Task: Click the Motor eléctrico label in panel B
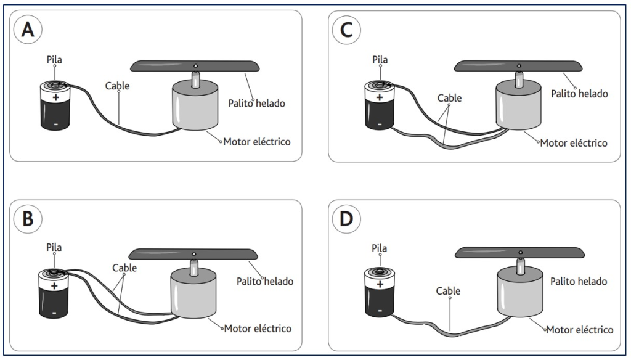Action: click(258, 328)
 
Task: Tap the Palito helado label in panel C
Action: click(580, 94)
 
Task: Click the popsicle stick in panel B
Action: click(193, 253)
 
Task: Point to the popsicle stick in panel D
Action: click(519, 252)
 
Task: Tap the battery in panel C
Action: click(378, 105)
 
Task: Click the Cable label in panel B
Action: click(124, 268)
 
